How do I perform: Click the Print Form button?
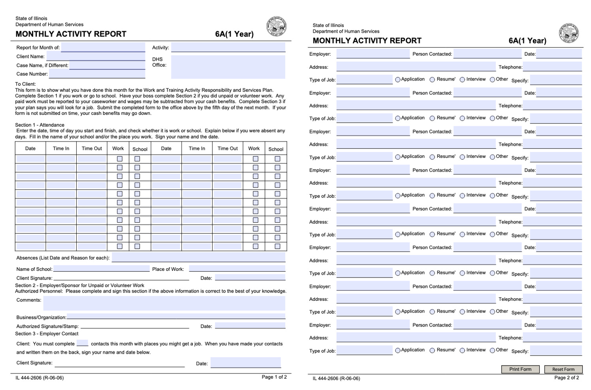[x=520, y=369]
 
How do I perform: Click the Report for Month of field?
[x=103, y=47]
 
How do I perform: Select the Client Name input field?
[x=96, y=56]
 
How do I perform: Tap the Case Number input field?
[x=97, y=74]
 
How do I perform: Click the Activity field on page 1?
[x=228, y=47]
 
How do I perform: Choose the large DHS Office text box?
[x=228, y=67]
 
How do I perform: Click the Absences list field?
[x=198, y=258]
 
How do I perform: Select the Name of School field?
[x=102, y=269]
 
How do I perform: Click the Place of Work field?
[x=237, y=269]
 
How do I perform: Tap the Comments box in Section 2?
[x=164, y=303]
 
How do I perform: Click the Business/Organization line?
[x=176, y=317]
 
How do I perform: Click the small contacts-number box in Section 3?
[x=82, y=343]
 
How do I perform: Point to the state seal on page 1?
[x=276, y=26]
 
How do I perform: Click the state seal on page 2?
[x=568, y=33]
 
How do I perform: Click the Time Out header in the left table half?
[x=92, y=148]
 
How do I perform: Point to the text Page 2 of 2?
[x=567, y=378]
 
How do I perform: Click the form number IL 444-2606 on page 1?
[x=40, y=378]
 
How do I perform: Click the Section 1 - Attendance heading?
[x=40, y=125]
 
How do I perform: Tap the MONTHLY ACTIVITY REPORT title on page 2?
[x=367, y=41]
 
